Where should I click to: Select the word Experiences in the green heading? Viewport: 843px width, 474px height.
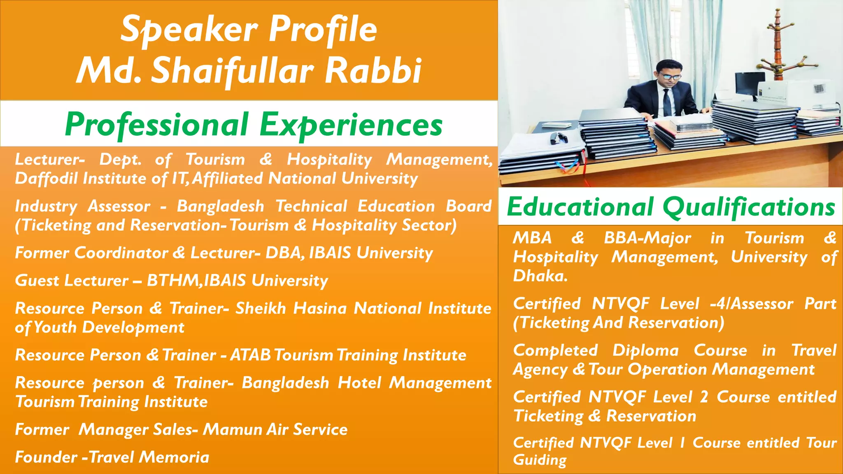click(x=351, y=124)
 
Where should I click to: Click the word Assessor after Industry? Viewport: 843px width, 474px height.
click(x=119, y=206)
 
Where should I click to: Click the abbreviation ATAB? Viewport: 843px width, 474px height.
click(x=251, y=355)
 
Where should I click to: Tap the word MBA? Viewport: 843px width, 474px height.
click(x=532, y=238)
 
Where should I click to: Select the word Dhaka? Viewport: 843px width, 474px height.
click(x=540, y=276)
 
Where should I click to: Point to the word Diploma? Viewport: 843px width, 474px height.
click(x=645, y=351)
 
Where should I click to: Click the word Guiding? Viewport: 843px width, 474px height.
click(x=540, y=460)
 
